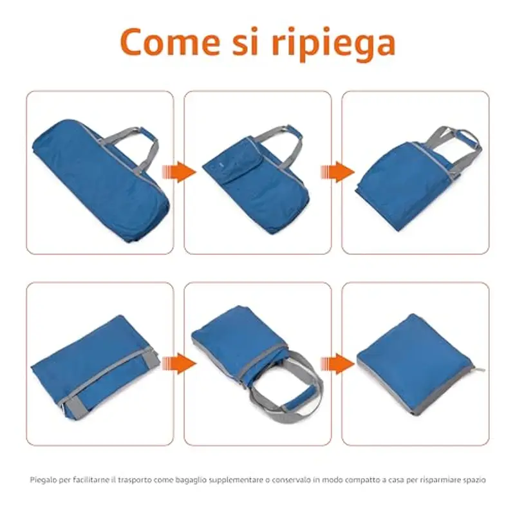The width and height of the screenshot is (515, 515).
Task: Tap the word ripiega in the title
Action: (x=333, y=44)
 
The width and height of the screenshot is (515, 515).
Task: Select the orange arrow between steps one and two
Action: (x=180, y=172)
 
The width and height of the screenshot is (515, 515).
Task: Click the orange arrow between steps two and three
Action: (x=337, y=172)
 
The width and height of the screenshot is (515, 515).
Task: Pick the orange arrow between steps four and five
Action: (x=180, y=364)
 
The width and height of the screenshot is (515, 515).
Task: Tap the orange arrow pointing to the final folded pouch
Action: (x=337, y=364)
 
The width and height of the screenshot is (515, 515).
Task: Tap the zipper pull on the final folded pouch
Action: (x=480, y=370)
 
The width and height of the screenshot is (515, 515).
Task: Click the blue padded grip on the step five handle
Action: (x=295, y=402)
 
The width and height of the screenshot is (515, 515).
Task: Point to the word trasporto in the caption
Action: (x=135, y=480)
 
